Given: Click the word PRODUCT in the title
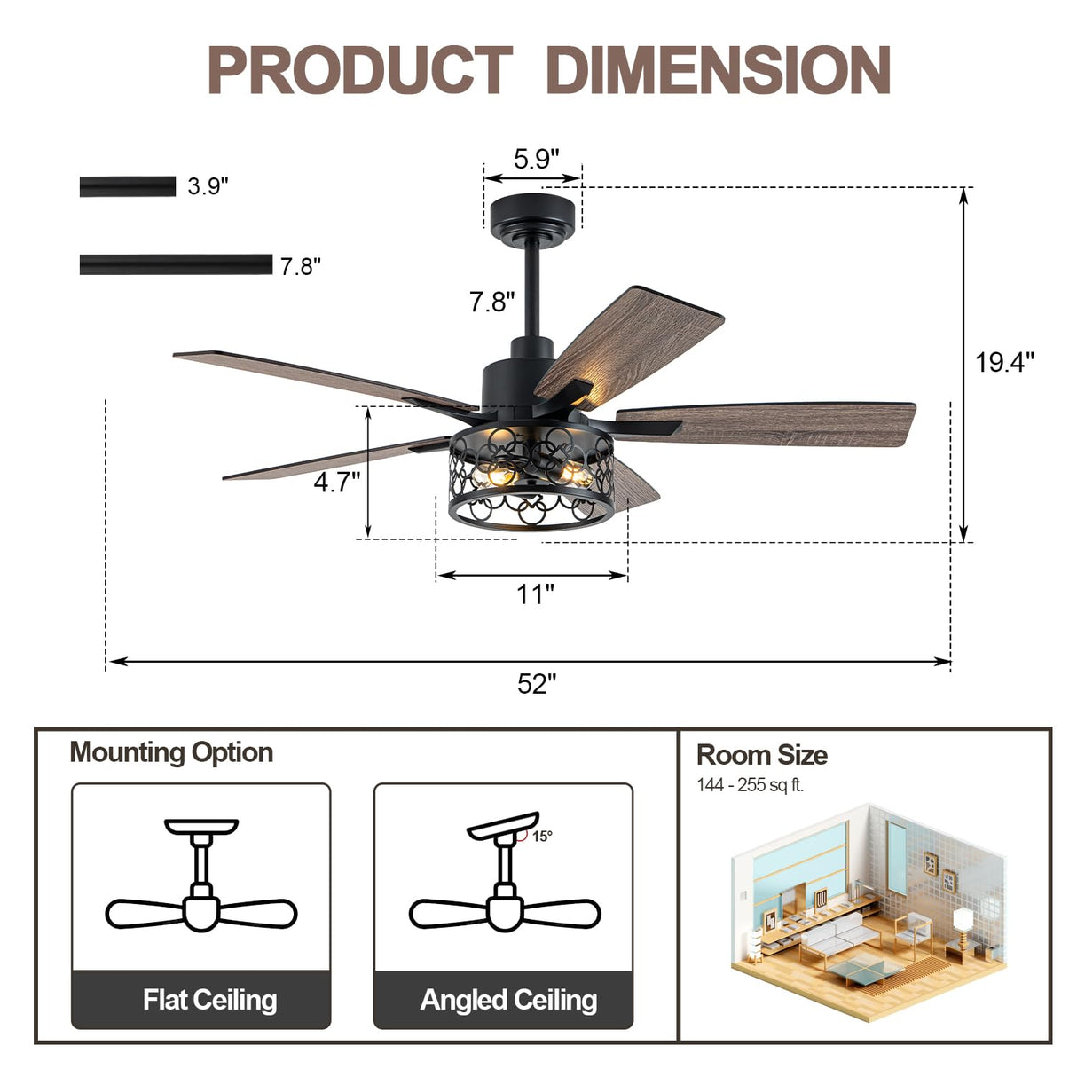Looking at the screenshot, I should click(x=359, y=71).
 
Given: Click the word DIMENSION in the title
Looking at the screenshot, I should click(x=719, y=71).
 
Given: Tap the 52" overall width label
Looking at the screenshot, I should click(x=537, y=684).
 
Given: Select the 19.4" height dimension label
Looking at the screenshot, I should click(x=1004, y=362).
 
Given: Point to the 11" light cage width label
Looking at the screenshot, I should click(x=535, y=594).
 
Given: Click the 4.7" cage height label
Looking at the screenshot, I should click(x=336, y=482).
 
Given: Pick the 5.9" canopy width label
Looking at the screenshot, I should click(x=536, y=159).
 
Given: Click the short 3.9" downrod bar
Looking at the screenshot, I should click(x=128, y=186).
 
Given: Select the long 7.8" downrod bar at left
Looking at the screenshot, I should click(x=176, y=264).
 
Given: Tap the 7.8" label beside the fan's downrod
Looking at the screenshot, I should click(x=491, y=302).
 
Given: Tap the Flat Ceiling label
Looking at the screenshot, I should click(x=209, y=1000).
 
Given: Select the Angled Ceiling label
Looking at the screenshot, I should click(x=508, y=1000).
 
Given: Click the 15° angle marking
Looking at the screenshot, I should click(x=542, y=836).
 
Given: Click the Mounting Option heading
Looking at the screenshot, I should click(x=171, y=752).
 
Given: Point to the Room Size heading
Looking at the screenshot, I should click(x=761, y=755).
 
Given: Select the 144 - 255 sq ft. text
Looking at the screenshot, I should click(x=750, y=785).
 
